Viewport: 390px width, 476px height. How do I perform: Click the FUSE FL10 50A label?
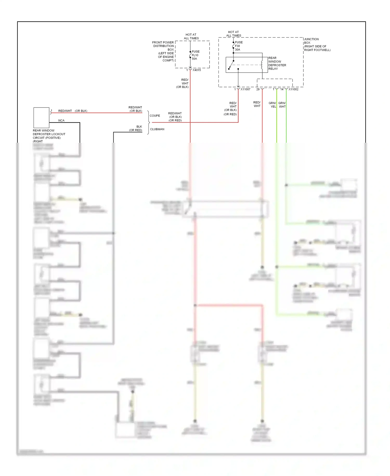click(x=196, y=55)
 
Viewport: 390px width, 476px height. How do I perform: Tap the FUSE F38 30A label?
click(x=239, y=46)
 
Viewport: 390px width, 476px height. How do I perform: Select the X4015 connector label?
click(x=197, y=70)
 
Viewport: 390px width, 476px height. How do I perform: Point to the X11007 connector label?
click(x=245, y=89)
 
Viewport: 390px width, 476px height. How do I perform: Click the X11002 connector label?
click(x=293, y=89)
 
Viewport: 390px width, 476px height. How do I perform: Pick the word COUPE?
click(x=155, y=116)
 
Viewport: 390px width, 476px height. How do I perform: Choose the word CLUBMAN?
click(x=157, y=129)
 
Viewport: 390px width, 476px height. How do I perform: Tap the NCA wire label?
click(x=61, y=121)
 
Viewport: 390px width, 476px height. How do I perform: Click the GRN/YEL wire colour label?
click(x=272, y=105)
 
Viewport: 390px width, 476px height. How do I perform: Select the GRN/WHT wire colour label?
click(x=282, y=105)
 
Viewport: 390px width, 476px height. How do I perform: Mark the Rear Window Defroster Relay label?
click(x=277, y=63)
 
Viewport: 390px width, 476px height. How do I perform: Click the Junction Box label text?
click(x=317, y=45)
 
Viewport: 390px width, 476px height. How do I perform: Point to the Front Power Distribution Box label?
click(x=163, y=51)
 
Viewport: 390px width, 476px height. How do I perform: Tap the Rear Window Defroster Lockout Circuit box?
click(x=41, y=118)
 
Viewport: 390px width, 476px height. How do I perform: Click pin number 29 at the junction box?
click(x=258, y=89)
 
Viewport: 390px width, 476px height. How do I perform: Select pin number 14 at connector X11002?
click(x=282, y=89)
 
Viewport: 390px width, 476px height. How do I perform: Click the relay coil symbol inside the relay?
click(x=262, y=65)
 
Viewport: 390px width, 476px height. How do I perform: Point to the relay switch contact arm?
click(x=231, y=65)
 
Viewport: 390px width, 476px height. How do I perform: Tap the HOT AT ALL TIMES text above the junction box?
click(x=233, y=34)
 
